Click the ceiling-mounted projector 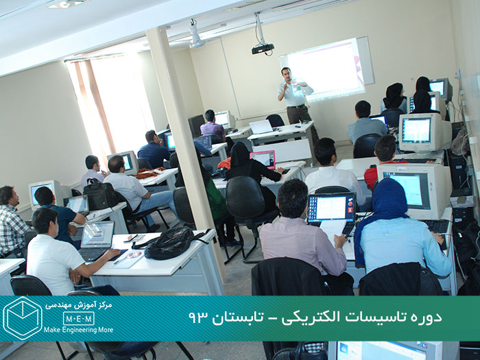(263, 49)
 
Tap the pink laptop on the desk (263, 159)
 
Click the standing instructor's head (286, 74)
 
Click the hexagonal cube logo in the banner (23, 318)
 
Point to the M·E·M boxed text (79, 318)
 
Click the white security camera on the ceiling (195, 34)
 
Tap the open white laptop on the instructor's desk (260, 127)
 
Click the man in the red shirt (383, 163)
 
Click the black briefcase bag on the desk (100, 194)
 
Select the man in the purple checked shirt (212, 125)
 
